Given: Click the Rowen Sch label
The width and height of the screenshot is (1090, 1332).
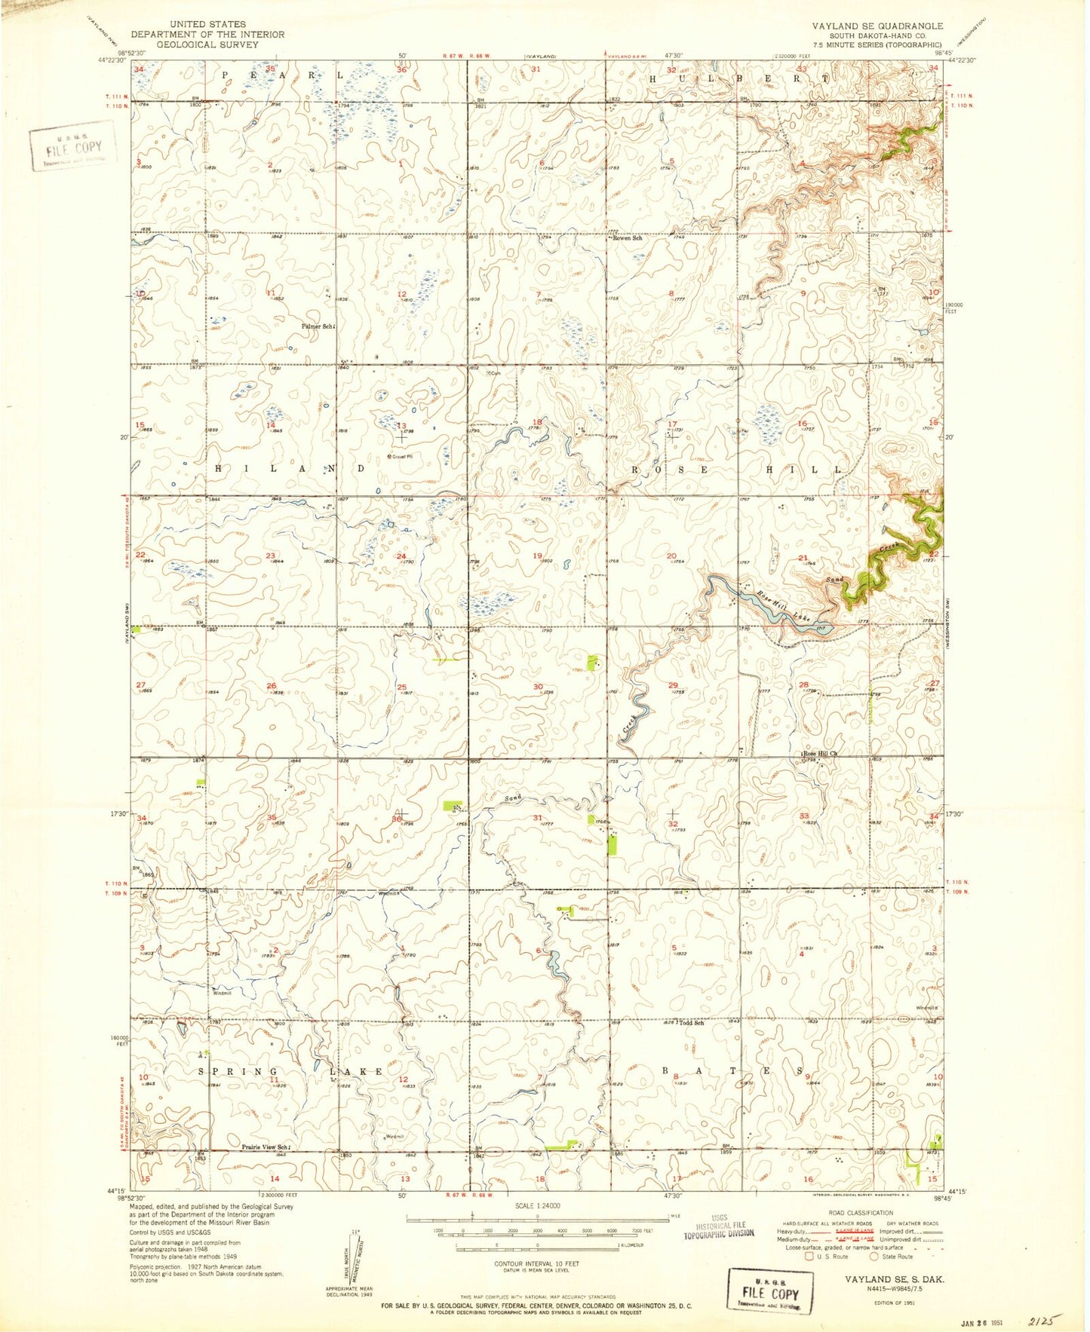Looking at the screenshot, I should pyautogui.click(x=628, y=238).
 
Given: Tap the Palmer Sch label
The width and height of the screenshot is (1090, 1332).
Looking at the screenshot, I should pyautogui.click(x=317, y=326).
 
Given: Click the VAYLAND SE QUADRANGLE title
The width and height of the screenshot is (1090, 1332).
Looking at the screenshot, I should pyautogui.click(x=877, y=26).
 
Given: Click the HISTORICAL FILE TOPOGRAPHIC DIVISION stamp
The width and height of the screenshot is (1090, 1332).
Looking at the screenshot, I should pyautogui.click(x=719, y=1228).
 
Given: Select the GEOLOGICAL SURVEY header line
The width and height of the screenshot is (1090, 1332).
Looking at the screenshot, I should pyautogui.click(x=207, y=44).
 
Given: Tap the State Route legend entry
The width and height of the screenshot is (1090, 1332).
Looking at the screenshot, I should pyautogui.click(x=895, y=1257).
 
